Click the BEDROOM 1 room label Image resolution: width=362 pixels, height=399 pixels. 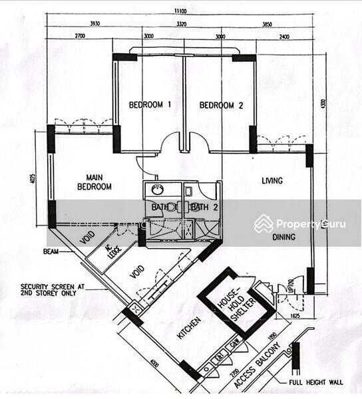click(150, 105)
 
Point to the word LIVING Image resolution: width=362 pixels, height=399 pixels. click(272, 181)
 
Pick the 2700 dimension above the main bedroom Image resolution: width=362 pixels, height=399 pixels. click(81, 37)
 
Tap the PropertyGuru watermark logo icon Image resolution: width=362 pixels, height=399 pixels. click(264, 223)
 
